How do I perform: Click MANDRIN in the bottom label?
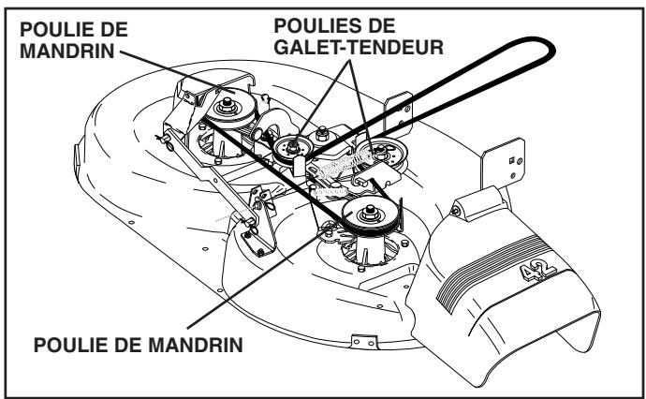[196, 345]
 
